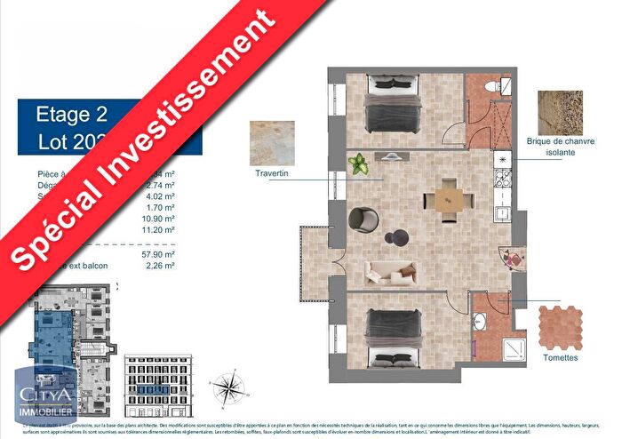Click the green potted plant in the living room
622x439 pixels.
[x=360, y=164]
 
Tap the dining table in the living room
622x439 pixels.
[x=445, y=199]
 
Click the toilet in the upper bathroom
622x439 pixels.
[x=504, y=87]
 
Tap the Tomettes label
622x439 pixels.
[x=560, y=357]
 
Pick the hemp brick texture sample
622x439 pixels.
[x=560, y=113]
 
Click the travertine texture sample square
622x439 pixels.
[x=271, y=142]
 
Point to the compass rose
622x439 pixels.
[x=229, y=387]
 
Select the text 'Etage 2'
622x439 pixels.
[x=71, y=114]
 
